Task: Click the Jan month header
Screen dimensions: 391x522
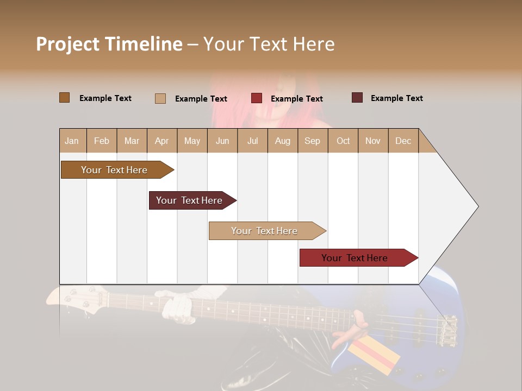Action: pyautogui.click(x=72, y=141)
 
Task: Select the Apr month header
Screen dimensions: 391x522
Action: pyautogui.click(x=162, y=141)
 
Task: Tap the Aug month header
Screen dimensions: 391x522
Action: pyautogui.click(x=283, y=141)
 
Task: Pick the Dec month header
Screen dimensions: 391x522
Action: pyautogui.click(x=403, y=141)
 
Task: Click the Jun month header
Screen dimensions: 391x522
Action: pyautogui.click(x=222, y=141)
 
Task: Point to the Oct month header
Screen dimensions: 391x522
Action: pyautogui.click(x=343, y=141)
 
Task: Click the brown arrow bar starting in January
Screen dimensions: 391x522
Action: pyautogui.click(x=114, y=170)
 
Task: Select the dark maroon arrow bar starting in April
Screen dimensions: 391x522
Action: pyautogui.click(x=189, y=200)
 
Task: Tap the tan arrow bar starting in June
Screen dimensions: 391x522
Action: pyautogui.click(x=264, y=231)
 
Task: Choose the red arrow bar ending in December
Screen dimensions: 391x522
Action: pyautogui.click(x=355, y=258)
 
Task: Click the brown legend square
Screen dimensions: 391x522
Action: pyautogui.click(x=64, y=98)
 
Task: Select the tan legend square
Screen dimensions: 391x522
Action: pyautogui.click(x=160, y=98)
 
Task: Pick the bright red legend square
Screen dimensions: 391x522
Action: pyautogui.click(x=256, y=98)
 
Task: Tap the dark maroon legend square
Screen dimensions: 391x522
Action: pyautogui.click(x=357, y=98)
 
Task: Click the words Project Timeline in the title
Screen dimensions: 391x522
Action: pyautogui.click(x=109, y=44)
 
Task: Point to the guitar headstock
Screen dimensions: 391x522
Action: pyautogui.click(x=71, y=298)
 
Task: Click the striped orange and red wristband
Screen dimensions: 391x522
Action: pyautogui.click(x=373, y=355)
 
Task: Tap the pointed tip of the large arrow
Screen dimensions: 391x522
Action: pyautogui.click(x=477, y=206)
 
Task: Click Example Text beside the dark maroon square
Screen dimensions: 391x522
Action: pyautogui.click(x=396, y=98)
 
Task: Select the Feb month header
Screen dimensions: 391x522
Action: pyautogui.click(x=102, y=141)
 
